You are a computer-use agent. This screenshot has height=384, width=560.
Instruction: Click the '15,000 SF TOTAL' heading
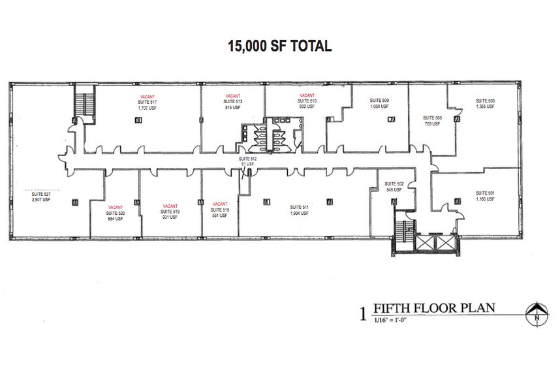pyautogui.click(x=279, y=46)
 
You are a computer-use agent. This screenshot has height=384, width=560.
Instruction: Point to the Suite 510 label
pyautogui.click(x=307, y=101)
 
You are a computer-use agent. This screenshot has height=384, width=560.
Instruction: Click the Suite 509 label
pyautogui.click(x=380, y=100)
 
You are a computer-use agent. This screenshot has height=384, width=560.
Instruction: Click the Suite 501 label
pyautogui.click(x=485, y=193)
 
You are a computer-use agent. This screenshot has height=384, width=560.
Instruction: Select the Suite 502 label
pyautogui.click(x=395, y=184)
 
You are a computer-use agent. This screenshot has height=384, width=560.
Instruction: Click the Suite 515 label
pyautogui.click(x=220, y=210)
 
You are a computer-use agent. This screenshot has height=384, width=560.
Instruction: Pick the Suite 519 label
pyautogui.click(x=170, y=212)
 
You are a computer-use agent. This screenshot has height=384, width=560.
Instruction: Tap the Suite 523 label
pyautogui.click(x=116, y=213)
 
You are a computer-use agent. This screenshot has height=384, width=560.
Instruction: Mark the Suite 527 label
pyautogui.click(x=40, y=194)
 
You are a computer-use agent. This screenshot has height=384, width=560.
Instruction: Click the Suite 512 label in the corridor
pyautogui.click(x=247, y=159)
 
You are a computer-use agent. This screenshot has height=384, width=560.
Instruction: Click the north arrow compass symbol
pyautogui.click(x=535, y=313)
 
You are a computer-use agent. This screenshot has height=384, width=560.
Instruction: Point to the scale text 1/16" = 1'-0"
pyautogui.click(x=394, y=320)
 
